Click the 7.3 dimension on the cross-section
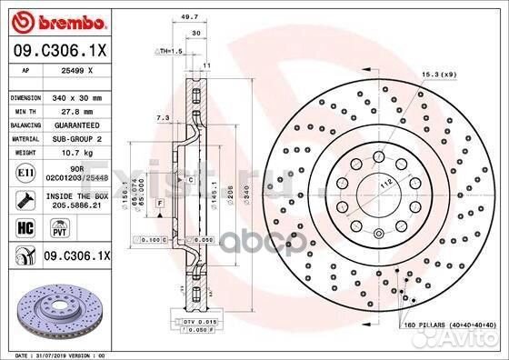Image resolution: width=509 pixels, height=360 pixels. (163, 117)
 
